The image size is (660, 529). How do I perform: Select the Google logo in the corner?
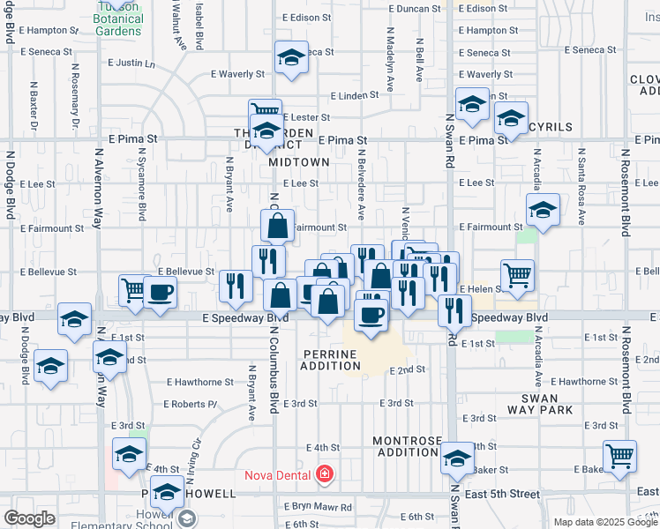click(x=29, y=518)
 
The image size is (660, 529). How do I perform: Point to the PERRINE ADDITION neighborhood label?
click(x=330, y=360)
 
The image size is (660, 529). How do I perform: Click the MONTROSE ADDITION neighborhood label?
click(x=405, y=446)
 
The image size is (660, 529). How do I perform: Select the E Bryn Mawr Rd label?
click(x=318, y=507)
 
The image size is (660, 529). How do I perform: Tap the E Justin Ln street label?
click(x=131, y=63)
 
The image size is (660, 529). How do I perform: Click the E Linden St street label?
click(x=354, y=96)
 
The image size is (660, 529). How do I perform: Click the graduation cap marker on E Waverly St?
click(x=291, y=58)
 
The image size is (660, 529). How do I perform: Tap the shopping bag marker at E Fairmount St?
click(x=277, y=226)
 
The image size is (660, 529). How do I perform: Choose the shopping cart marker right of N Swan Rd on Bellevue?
click(x=517, y=274)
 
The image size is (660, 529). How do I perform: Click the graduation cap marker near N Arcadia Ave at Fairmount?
click(x=543, y=210)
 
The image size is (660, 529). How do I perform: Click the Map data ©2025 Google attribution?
click(x=604, y=522)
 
